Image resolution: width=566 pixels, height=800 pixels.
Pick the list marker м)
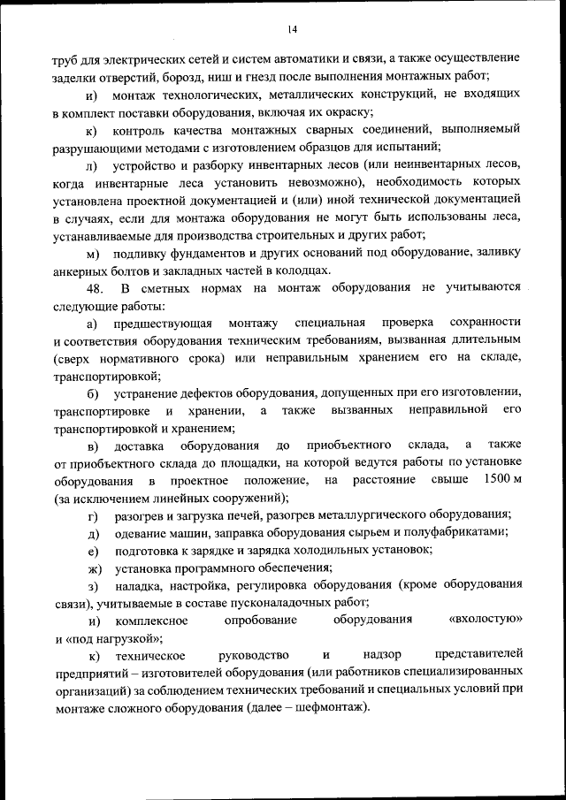point(93,254)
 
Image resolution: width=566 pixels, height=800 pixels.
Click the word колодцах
point(302,270)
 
